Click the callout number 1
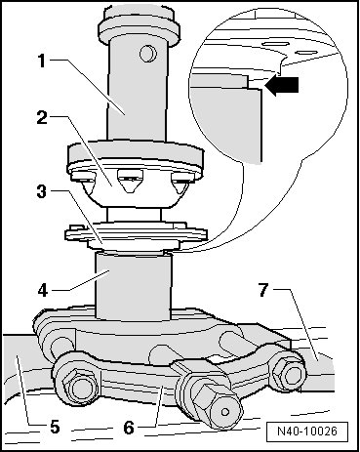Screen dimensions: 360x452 click(x=42, y=61)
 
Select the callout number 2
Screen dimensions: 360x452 click(x=42, y=118)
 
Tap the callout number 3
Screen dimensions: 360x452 click(x=42, y=191)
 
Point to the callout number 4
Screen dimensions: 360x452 click(x=43, y=290)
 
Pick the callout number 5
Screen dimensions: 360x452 click(x=55, y=427)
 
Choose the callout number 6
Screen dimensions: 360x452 click(x=129, y=428)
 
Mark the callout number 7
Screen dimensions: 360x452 click(x=264, y=289)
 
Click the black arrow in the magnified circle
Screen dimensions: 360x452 click(x=282, y=86)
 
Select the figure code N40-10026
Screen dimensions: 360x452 click(x=307, y=431)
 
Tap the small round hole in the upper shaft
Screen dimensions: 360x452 click(x=148, y=54)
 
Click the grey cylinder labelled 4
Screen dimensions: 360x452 click(x=133, y=286)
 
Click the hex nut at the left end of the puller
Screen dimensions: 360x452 click(x=78, y=388)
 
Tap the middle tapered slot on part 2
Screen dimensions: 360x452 click(x=131, y=182)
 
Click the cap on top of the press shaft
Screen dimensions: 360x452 click(x=140, y=26)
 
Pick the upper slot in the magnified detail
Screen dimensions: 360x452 click(x=275, y=43)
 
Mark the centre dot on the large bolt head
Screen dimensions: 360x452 click(x=224, y=412)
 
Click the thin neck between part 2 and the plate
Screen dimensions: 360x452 click(x=134, y=215)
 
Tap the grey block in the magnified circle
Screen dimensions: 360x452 click(x=226, y=124)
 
